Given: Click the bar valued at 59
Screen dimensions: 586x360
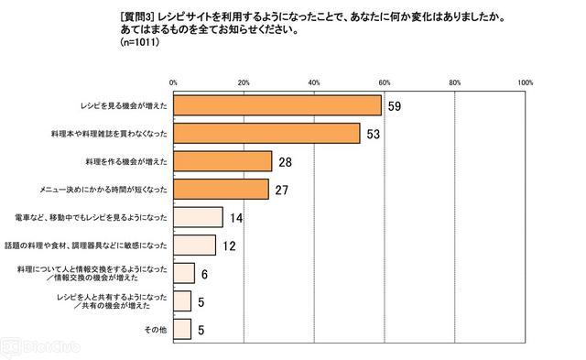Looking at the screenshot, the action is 277,105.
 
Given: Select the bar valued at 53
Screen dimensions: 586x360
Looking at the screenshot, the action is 266,134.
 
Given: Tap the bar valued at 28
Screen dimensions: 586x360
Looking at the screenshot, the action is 222,161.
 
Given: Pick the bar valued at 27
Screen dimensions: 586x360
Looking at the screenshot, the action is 221,189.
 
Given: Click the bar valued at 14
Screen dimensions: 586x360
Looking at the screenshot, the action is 198,217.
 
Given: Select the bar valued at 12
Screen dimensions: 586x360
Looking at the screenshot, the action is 195,245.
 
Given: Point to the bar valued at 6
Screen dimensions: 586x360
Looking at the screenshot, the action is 184,273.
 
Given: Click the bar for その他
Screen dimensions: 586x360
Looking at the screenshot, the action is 182,329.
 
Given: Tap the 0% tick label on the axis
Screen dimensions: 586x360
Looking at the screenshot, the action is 173,82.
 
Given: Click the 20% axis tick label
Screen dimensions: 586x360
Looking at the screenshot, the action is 244,82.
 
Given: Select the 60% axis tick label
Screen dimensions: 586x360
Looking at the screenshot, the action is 385,82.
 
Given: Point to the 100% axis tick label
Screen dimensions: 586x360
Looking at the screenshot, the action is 525,82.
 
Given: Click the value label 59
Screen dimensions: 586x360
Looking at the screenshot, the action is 395,106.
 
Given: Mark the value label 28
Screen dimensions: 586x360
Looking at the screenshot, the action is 285,162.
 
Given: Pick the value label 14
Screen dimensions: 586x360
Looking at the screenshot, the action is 236,218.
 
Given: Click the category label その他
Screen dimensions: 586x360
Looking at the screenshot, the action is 156,330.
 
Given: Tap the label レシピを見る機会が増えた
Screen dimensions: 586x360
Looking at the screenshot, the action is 124,105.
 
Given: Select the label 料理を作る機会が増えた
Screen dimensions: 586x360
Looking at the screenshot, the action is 126,162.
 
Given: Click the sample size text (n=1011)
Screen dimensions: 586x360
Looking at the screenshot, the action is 140,42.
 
